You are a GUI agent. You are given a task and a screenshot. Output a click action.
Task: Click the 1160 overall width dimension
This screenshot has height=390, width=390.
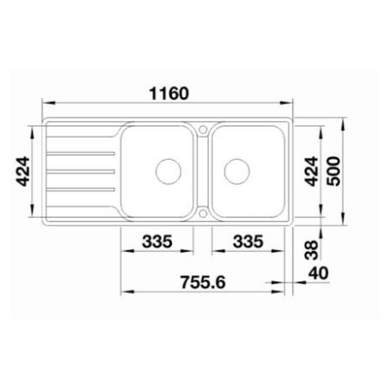pyautogui.click(x=169, y=94)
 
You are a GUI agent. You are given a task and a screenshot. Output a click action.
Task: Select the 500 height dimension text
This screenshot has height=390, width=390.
pyautogui.click(x=333, y=171)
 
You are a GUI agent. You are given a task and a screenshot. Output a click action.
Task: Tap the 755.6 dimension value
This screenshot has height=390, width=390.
pyautogui.click(x=203, y=282)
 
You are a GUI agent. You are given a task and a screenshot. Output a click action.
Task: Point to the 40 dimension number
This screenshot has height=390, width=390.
pyautogui.click(x=318, y=273)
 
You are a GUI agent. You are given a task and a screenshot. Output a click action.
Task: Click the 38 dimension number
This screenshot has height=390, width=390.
pyautogui.click(x=311, y=250)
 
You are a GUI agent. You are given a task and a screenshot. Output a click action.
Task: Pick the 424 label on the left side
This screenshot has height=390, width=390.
pyautogui.click(x=23, y=171)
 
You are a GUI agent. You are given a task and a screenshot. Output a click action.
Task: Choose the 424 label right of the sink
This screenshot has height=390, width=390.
pyautogui.click(x=311, y=171)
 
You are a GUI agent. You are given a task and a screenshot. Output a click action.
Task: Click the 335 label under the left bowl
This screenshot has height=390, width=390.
pyautogui.click(x=157, y=241)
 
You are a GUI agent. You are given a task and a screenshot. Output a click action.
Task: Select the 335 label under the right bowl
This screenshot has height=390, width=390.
pyautogui.click(x=248, y=241)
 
